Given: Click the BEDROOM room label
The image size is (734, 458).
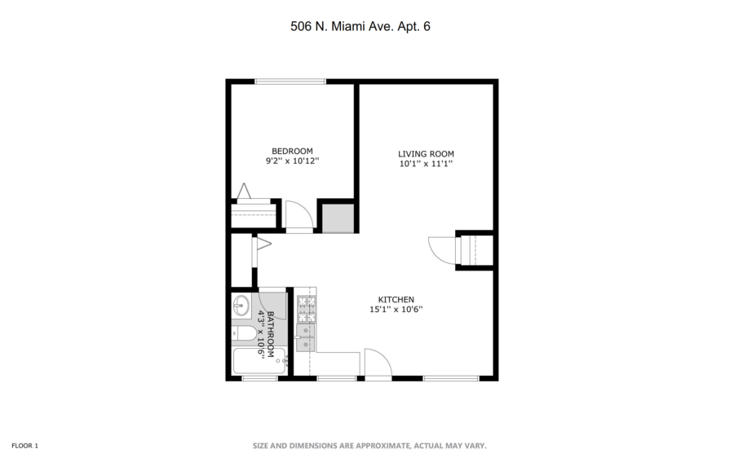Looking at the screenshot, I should (x=292, y=151).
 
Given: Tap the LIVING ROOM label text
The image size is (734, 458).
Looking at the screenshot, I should (x=426, y=154).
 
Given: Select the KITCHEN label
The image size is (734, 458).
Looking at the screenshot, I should (x=396, y=299).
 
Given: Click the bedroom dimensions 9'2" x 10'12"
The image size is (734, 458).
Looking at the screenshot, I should (x=292, y=161).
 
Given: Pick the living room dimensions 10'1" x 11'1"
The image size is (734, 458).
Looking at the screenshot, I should (x=426, y=164).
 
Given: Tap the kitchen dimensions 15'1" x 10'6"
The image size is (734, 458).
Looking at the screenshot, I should (x=396, y=309).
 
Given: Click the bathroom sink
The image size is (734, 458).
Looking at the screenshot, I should (x=241, y=306).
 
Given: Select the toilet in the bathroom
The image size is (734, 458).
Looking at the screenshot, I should (x=243, y=333).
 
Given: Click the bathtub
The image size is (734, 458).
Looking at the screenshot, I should (x=259, y=361).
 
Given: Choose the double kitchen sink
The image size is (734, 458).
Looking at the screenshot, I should (x=306, y=337).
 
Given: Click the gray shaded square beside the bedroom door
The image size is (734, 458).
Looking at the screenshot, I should (x=336, y=218).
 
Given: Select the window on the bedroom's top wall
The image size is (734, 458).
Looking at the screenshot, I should (x=290, y=81).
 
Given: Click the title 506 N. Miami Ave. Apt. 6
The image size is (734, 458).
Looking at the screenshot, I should (x=360, y=26).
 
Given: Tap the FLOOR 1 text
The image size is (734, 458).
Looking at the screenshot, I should (x=24, y=446).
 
